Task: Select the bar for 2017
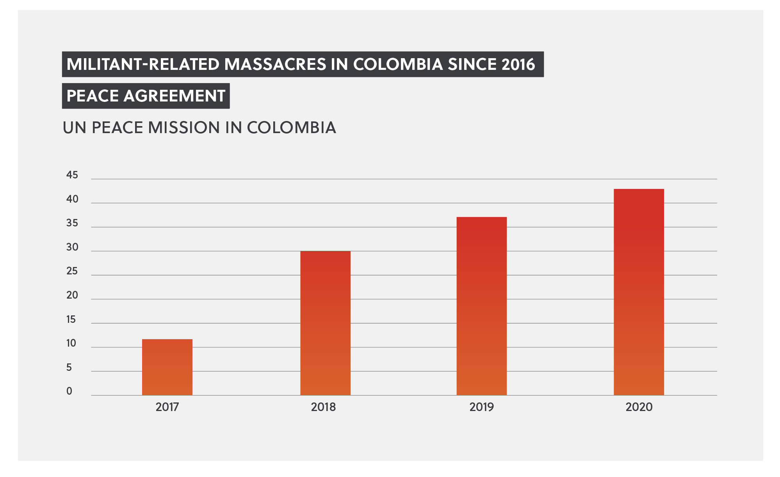tap(167, 367)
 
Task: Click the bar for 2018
tap(325, 323)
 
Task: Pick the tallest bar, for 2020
tap(639, 292)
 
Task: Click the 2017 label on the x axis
tap(167, 407)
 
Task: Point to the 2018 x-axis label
tap(323, 407)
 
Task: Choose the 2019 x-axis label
tap(481, 407)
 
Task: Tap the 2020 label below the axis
tap(639, 407)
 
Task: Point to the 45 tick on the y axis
tap(72, 175)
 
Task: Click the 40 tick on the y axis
tap(72, 199)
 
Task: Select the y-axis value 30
tap(72, 247)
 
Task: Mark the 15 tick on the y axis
tap(71, 319)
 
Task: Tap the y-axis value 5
tap(69, 367)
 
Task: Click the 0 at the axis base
tap(69, 391)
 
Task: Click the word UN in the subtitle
tap(75, 128)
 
